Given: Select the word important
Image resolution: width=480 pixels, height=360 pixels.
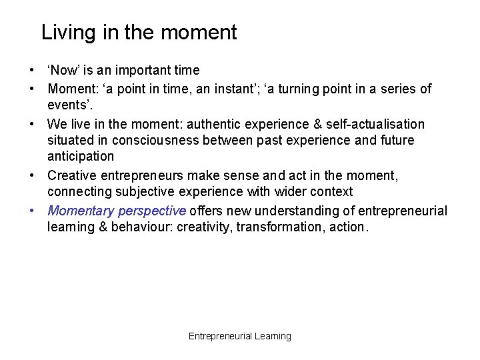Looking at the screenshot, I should pyautogui.click(x=138, y=71).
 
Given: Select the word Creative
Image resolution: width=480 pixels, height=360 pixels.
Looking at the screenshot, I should pyautogui.click(x=71, y=176).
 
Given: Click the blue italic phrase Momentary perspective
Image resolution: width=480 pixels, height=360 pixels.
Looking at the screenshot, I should pyautogui.click(x=117, y=211).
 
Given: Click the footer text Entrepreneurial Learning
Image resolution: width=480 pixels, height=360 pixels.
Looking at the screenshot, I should pyautogui.click(x=240, y=336).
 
